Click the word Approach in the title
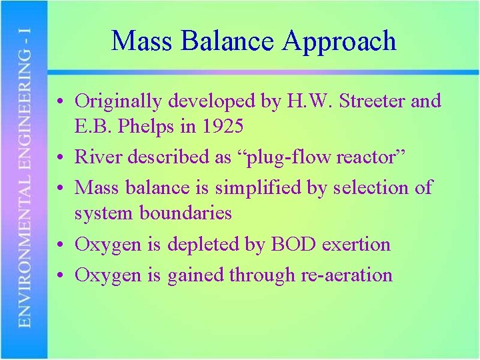pyautogui.click(x=339, y=41)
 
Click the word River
pyautogui.click(x=95, y=157)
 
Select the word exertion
pyautogui.click(x=356, y=244)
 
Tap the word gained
pyautogui.click(x=194, y=275)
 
